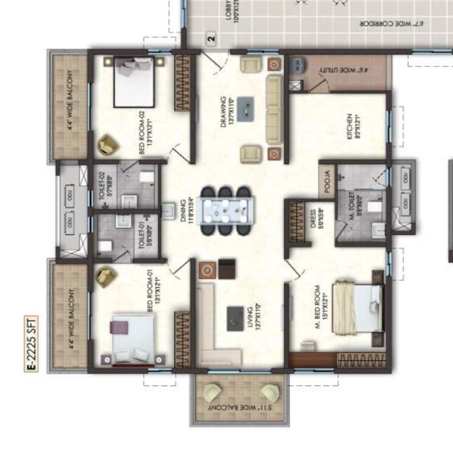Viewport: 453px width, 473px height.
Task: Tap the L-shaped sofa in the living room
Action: [x=210, y=322]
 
